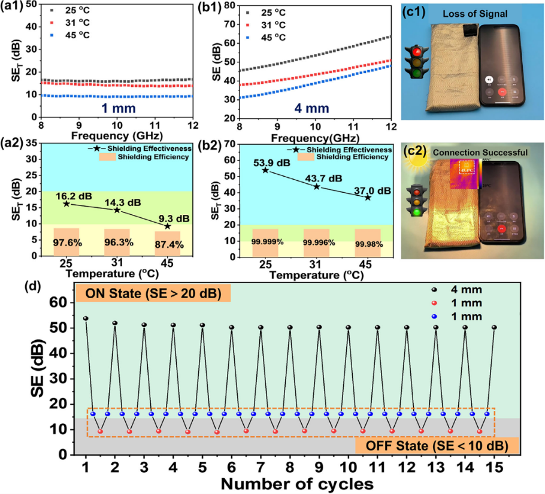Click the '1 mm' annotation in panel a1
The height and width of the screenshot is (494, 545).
[117, 110]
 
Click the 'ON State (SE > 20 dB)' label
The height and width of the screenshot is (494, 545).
[153, 293]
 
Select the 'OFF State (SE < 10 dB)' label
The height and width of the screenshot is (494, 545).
[432, 445]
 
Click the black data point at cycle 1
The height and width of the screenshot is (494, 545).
[86, 319]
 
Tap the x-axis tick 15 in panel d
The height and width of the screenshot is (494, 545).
[494, 465]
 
